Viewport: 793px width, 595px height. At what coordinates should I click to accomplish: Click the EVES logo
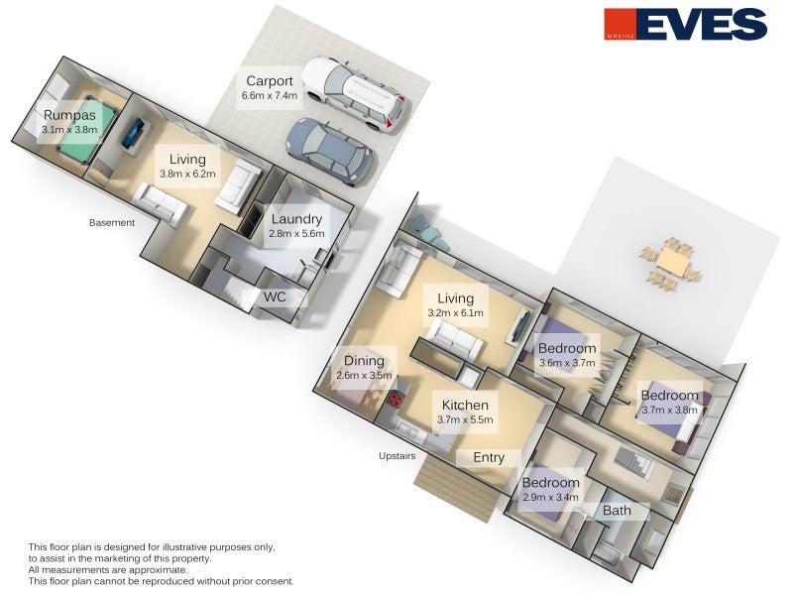click(x=686, y=24)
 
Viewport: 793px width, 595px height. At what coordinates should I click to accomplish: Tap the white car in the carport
click(x=356, y=93)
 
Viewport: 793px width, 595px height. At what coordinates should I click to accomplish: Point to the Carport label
click(x=269, y=81)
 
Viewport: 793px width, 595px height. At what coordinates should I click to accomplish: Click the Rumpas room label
click(x=69, y=115)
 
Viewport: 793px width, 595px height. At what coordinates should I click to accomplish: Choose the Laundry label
click(x=296, y=219)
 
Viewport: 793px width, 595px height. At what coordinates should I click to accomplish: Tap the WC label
click(x=275, y=297)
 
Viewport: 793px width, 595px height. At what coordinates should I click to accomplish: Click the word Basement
click(x=112, y=222)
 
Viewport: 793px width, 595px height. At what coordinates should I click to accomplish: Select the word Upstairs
click(x=397, y=456)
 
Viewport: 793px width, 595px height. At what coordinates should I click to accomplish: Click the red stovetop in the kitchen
click(x=396, y=401)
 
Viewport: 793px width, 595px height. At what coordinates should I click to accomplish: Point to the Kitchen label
click(x=465, y=405)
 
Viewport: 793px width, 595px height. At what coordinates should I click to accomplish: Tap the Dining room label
click(x=364, y=361)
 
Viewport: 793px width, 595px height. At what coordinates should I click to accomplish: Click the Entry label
click(x=489, y=457)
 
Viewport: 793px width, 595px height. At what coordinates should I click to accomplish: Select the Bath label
click(x=617, y=511)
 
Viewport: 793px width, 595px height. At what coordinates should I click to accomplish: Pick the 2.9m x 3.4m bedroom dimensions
click(x=551, y=498)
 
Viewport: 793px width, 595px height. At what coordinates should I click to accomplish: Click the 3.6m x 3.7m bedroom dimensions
click(x=567, y=363)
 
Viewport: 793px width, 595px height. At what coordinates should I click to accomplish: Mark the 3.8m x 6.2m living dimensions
click(x=187, y=174)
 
